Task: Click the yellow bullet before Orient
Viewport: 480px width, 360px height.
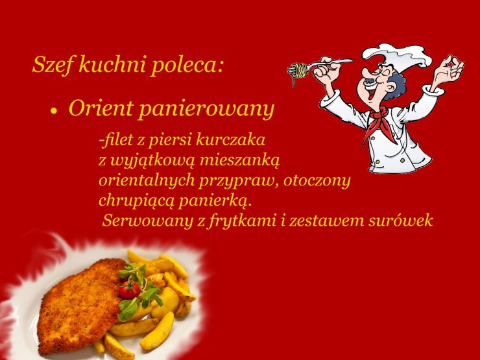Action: (54, 111)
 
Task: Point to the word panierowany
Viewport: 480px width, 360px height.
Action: (206, 110)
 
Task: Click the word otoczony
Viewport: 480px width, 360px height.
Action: (317, 180)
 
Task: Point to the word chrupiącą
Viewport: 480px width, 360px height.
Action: (136, 201)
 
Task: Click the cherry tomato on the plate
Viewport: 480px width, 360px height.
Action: (130, 290)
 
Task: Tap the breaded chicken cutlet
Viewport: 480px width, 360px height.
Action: (80, 306)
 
